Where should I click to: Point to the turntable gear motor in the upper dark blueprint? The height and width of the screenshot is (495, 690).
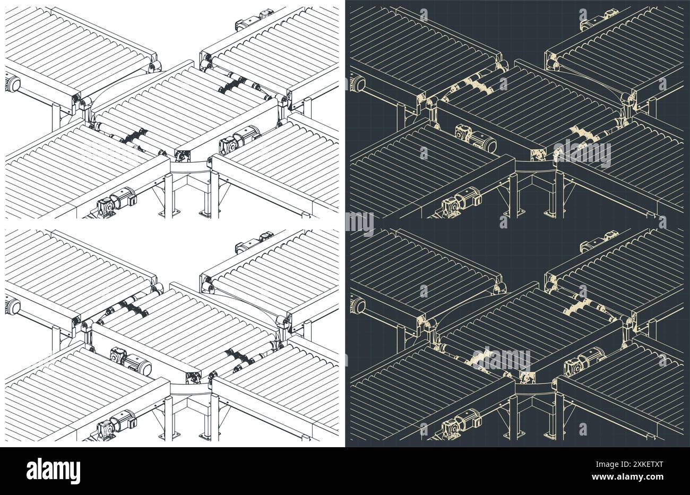(476, 138)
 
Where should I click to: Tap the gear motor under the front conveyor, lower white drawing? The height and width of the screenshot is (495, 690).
(117, 423)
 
